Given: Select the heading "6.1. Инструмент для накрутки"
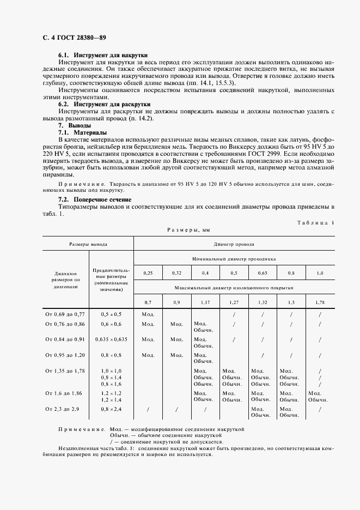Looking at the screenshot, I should click(x=103, y=56).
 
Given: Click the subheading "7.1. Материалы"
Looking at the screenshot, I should click(x=82, y=132).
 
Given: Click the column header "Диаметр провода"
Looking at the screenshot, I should click(x=234, y=245).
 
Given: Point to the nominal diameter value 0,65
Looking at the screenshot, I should click(x=263, y=272).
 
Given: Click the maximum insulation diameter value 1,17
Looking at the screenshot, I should click(x=205, y=301).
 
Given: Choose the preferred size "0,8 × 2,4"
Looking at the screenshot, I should click(x=111, y=409).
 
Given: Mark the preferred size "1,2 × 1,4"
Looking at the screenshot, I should click(x=111, y=399).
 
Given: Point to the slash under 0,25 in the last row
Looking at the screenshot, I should click(x=148, y=409).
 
